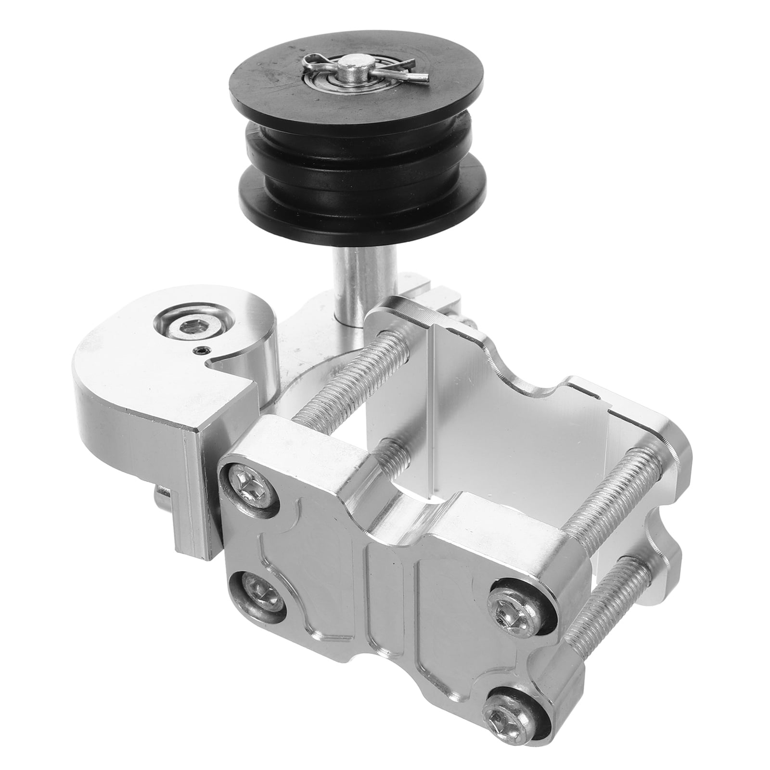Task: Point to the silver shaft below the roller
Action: click(x=354, y=284)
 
